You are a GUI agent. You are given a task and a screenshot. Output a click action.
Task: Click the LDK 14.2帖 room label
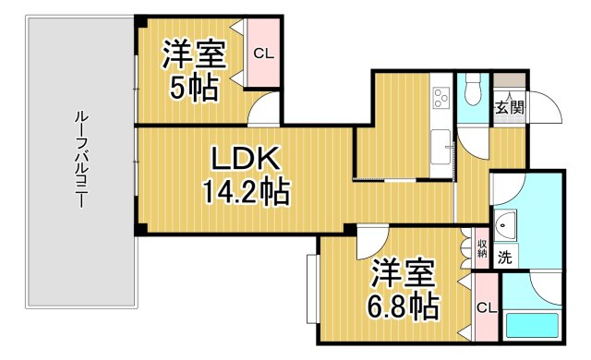(244, 174)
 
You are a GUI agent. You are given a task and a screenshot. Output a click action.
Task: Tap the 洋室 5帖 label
(194, 71)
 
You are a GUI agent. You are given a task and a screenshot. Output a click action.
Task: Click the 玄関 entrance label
(509, 106)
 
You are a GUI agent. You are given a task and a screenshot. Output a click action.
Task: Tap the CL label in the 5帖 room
(265, 53)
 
